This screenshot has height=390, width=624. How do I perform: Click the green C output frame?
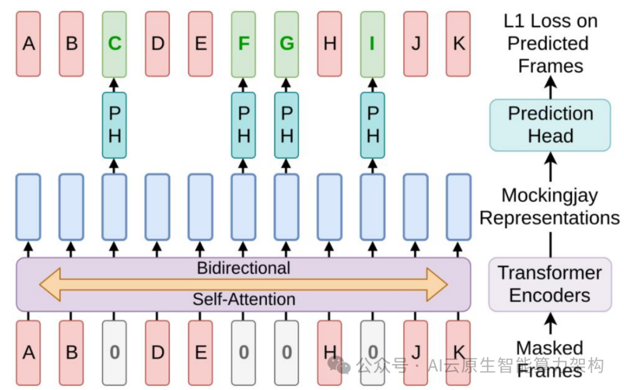pyautogui.click(x=114, y=44)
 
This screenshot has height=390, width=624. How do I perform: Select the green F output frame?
pyautogui.click(x=243, y=44)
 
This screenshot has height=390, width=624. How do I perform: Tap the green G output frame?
pyautogui.click(x=287, y=44)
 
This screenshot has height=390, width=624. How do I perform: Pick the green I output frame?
pyautogui.click(x=373, y=44)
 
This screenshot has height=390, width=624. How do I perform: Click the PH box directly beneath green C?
pyautogui.click(x=114, y=125)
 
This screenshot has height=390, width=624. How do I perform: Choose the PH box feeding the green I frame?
pyautogui.click(x=373, y=125)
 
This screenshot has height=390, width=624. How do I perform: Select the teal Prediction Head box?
pyautogui.click(x=550, y=125)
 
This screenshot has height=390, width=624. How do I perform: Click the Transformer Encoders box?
pyautogui.click(x=550, y=284)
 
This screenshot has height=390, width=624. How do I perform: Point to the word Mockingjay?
pyautogui.click(x=550, y=196)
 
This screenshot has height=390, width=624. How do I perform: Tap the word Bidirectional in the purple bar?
pyautogui.click(x=243, y=268)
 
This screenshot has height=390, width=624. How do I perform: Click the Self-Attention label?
pyautogui.click(x=243, y=299)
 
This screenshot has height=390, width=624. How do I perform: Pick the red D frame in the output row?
pyautogui.click(x=157, y=44)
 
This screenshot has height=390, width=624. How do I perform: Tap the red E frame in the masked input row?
pyautogui.click(x=200, y=352)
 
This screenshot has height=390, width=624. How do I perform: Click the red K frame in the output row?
pyautogui.click(x=458, y=44)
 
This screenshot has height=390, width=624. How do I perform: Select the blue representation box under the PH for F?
pyautogui.click(x=243, y=207)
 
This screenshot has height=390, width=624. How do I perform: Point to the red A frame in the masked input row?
pyautogui.click(x=28, y=352)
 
